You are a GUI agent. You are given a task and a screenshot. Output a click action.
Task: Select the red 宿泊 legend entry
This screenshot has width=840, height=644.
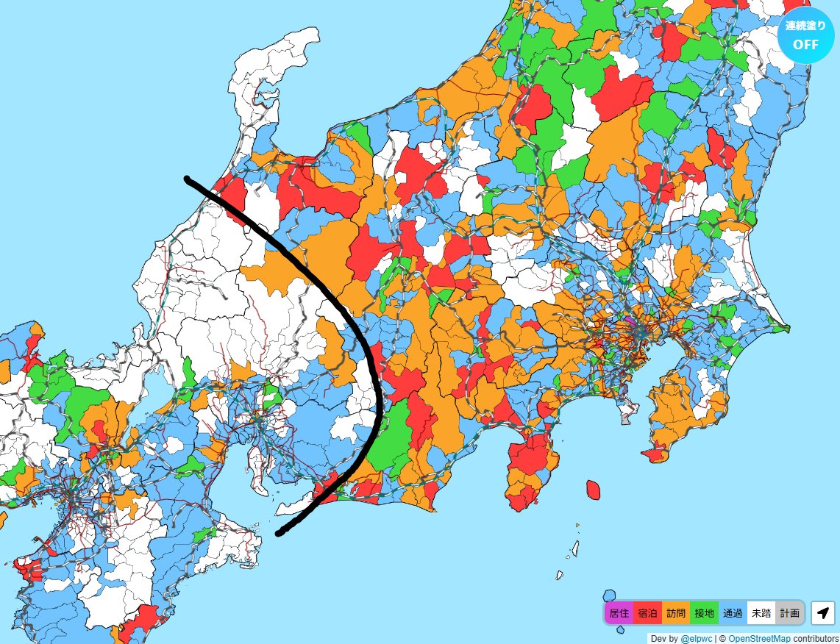(647, 612)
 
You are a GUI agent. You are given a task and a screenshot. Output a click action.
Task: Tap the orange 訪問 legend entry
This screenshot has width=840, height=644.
(676, 612)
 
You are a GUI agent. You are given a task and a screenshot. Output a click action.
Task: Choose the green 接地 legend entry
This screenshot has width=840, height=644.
(704, 612)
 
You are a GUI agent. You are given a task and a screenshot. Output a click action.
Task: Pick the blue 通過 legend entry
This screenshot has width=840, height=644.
(733, 612)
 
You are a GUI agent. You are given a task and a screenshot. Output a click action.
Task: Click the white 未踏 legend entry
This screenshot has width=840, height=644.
(761, 612)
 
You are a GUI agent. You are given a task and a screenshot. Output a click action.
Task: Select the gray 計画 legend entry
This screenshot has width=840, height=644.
(789, 612)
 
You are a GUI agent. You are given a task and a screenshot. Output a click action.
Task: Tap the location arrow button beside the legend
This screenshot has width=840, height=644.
(823, 612)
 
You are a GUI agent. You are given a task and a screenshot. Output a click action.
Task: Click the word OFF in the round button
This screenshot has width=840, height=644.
(805, 43)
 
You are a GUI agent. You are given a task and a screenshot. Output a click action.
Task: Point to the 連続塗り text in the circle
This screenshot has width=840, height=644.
(805, 26)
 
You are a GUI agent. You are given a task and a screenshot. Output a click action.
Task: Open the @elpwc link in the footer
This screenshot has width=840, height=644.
(694, 638)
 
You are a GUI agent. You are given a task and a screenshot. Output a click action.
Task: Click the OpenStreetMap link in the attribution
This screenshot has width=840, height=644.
(759, 638)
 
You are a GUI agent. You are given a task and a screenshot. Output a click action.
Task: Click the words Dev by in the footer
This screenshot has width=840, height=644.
(664, 638)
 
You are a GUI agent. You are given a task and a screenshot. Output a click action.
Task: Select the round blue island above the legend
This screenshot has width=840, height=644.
(609, 595)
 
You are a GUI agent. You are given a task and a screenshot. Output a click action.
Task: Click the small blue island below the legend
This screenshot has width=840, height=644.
(620, 629)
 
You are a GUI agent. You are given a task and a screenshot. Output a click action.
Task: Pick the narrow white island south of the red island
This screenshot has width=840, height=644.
(576, 548)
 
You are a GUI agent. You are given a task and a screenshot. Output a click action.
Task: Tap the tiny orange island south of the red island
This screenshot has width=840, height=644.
(577, 525)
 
